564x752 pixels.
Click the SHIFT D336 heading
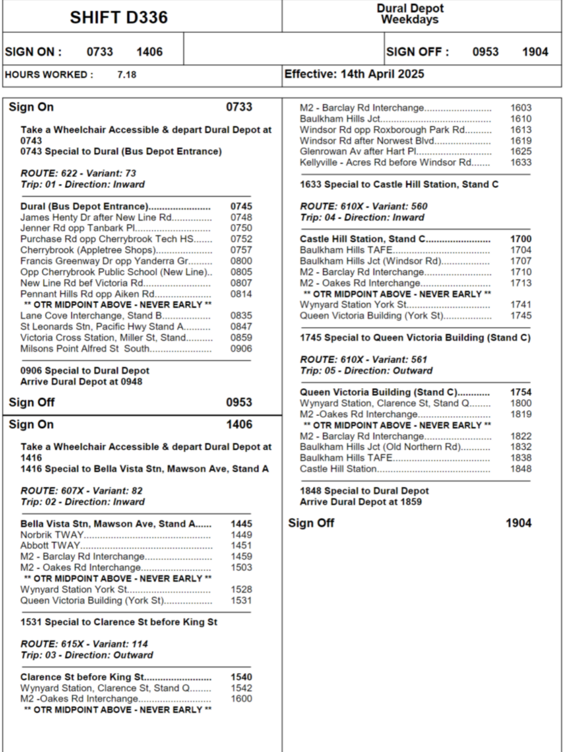coord(118,17)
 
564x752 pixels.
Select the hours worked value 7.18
coord(127,74)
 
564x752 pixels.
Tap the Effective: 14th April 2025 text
coord(354,74)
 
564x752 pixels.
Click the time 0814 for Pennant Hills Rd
coord(241,294)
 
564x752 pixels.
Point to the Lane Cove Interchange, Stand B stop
coord(91,315)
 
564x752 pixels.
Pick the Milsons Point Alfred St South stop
coord(85,349)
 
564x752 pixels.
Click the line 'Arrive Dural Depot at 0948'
coord(81,381)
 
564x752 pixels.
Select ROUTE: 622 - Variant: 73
coord(78,173)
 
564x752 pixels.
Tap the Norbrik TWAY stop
coord(52,534)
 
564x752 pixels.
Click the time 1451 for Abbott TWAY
coord(241,545)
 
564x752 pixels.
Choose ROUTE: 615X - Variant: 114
coord(84,644)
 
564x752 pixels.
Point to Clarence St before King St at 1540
coord(82,677)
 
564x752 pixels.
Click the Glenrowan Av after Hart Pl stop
coord(358,151)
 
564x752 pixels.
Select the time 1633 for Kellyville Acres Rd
coord(521,162)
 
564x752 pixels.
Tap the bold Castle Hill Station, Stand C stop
coord(362,239)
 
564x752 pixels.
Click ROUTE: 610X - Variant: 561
coord(364,359)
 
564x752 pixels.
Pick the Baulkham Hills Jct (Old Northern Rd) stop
coord(380,447)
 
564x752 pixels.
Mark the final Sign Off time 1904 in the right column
coord(519,523)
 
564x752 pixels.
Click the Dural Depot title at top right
coord(410,8)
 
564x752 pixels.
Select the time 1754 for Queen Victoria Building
coord(521,392)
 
